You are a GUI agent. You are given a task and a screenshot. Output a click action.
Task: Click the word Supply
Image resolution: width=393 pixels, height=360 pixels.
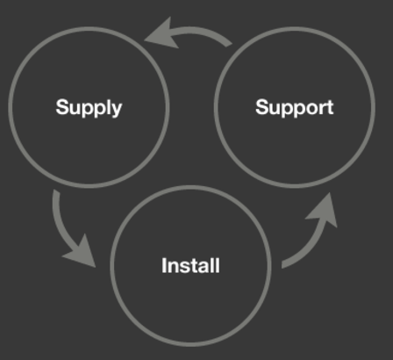click(89, 108)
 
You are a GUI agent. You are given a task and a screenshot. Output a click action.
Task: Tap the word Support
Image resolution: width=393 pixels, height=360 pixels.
click(295, 108)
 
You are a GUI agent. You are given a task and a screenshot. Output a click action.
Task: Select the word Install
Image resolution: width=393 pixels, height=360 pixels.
click(190, 265)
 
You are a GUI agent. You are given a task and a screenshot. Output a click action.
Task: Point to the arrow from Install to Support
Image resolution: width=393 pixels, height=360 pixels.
click(314, 240)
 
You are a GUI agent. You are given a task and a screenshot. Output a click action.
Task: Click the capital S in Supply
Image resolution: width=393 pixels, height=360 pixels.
click(62, 107)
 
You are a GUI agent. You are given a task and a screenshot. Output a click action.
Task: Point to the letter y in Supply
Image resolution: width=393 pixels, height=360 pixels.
click(117, 111)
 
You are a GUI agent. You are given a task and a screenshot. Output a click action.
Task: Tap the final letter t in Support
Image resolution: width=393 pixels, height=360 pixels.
click(331, 108)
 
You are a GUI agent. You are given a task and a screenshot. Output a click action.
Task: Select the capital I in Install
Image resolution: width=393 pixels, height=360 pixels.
click(164, 265)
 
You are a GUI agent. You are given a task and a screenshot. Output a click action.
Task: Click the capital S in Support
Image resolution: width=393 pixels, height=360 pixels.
click(261, 107)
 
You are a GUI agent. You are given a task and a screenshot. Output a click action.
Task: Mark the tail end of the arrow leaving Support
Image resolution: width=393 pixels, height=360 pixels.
click(230, 44)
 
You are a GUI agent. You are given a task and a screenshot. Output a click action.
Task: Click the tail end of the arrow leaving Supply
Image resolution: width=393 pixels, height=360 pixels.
click(56, 191)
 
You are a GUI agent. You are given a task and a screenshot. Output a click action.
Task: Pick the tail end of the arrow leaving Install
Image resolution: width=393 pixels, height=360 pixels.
click(282, 265)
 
